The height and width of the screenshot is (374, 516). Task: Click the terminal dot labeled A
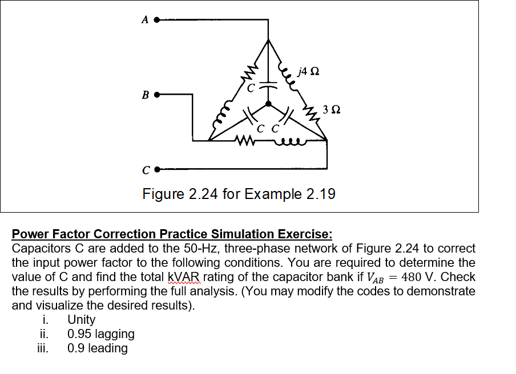tap(156, 20)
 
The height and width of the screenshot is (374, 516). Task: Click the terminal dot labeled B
tap(156, 95)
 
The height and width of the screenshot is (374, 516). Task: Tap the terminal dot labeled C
tap(156, 169)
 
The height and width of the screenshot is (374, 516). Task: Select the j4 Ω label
tap(308, 72)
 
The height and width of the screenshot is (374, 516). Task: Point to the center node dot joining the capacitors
tap(268, 105)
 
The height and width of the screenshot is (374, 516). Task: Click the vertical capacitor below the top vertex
tap(268, 84)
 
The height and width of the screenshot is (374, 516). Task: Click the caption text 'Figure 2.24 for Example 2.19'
tap(239, 194)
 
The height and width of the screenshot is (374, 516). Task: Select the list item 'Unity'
tap(81, 320)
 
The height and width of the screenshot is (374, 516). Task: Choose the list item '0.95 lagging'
tap(100, 334)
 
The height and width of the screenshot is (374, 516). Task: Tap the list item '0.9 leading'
tap(97, 348)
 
